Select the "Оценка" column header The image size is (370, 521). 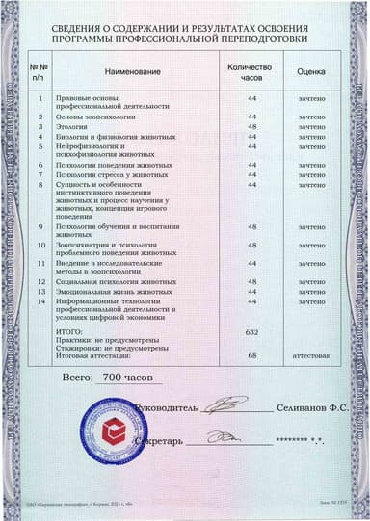point(310,72)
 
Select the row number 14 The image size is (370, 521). point(40,301)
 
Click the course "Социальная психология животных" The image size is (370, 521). point(114,281)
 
